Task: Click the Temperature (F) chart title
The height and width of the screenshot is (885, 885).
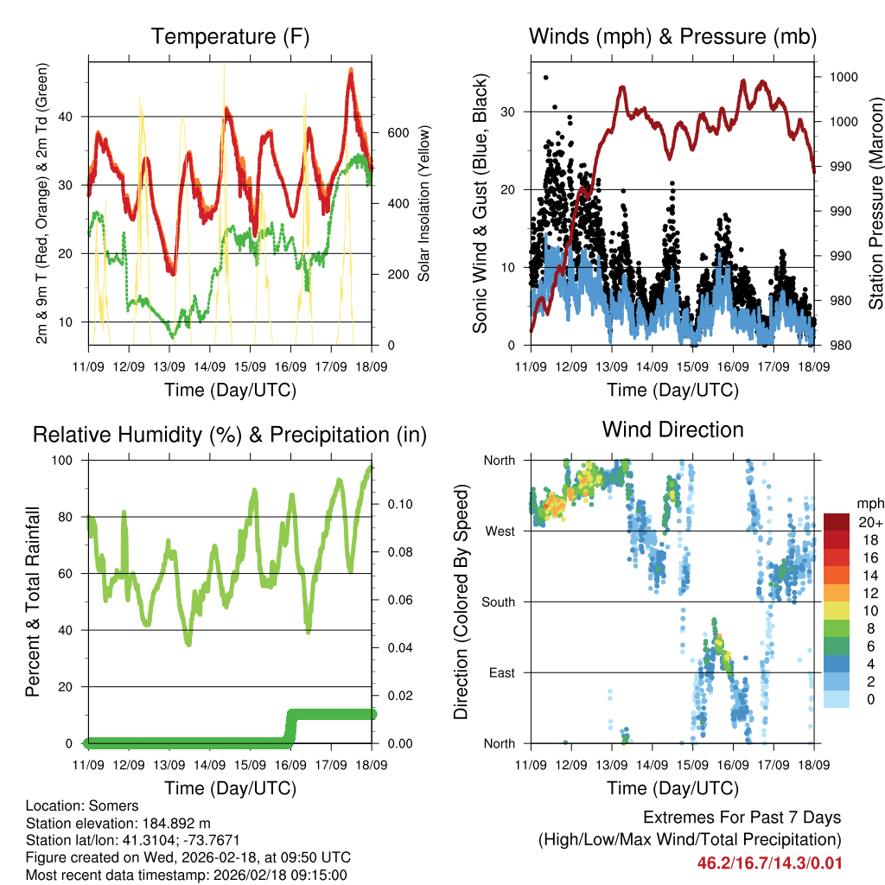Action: [230, 37]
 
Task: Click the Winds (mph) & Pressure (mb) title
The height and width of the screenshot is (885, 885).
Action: [672, 37]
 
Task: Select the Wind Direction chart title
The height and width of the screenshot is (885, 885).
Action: [672, 430]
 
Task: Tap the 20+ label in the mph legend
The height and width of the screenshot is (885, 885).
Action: [870, 522]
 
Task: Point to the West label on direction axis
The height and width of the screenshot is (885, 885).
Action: [500, 531]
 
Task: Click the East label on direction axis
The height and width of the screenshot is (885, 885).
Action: [501, 672]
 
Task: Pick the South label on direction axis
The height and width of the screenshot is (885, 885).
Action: [499, 602]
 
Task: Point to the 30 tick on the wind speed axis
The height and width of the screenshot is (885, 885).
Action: [511, 111]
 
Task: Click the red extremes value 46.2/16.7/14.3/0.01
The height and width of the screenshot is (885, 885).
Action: [769, 863]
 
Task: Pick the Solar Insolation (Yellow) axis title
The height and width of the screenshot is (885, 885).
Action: [424, 203]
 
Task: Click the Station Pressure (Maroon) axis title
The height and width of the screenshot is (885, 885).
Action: [875, 203]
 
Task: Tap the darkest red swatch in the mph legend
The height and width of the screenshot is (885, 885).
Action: [837, 522]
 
